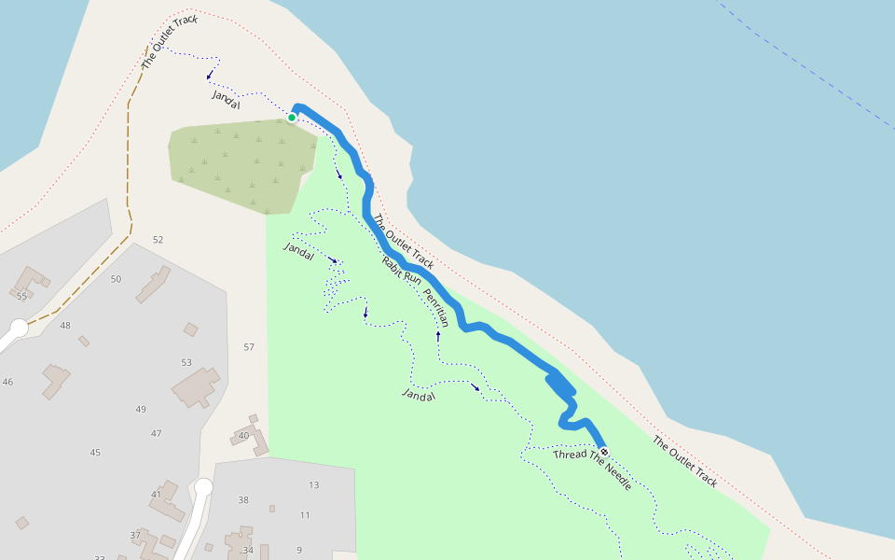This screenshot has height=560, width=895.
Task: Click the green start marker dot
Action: [292, 118]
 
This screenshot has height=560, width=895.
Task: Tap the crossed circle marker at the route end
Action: [604, 452]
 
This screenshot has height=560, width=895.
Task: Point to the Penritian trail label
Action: [435, 307]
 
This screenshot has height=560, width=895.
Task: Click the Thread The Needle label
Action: [592, 469]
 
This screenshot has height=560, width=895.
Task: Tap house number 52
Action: [158, 240]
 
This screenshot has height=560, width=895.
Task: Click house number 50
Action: [116, 279]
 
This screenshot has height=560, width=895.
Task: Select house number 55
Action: [21, 296]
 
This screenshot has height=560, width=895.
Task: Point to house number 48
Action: [65, 325]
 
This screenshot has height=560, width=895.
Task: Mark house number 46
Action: [7, 382]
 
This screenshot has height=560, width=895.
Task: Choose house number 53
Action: [186, 362]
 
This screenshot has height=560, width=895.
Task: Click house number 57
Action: [249, 347]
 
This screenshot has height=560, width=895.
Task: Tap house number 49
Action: [141, 409]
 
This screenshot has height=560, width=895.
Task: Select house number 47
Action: [157, 433]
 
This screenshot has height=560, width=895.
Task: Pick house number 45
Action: [95, 452]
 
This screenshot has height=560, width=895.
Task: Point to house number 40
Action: [243, 436]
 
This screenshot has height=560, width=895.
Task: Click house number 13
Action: [314, 484]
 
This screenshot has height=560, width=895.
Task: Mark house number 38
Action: [243, 499]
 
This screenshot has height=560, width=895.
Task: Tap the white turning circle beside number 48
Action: [19, 329]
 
